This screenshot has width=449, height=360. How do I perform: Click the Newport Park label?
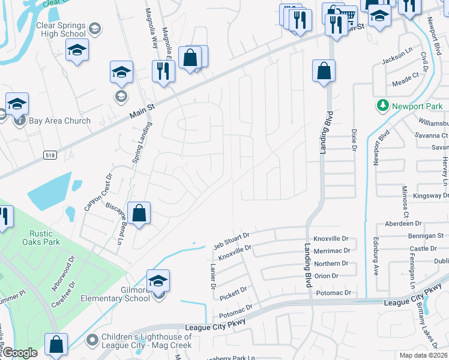point(417,106)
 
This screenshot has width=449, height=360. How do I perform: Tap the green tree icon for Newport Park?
point(382,106)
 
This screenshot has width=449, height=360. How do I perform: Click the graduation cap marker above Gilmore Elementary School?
point(158,280)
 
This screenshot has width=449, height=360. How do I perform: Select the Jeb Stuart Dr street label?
point(231,239)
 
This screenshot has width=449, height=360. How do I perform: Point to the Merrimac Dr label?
point(331,252)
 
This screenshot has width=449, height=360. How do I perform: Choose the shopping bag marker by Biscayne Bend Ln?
point(139,213)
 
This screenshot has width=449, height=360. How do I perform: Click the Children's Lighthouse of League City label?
point(146,341)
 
